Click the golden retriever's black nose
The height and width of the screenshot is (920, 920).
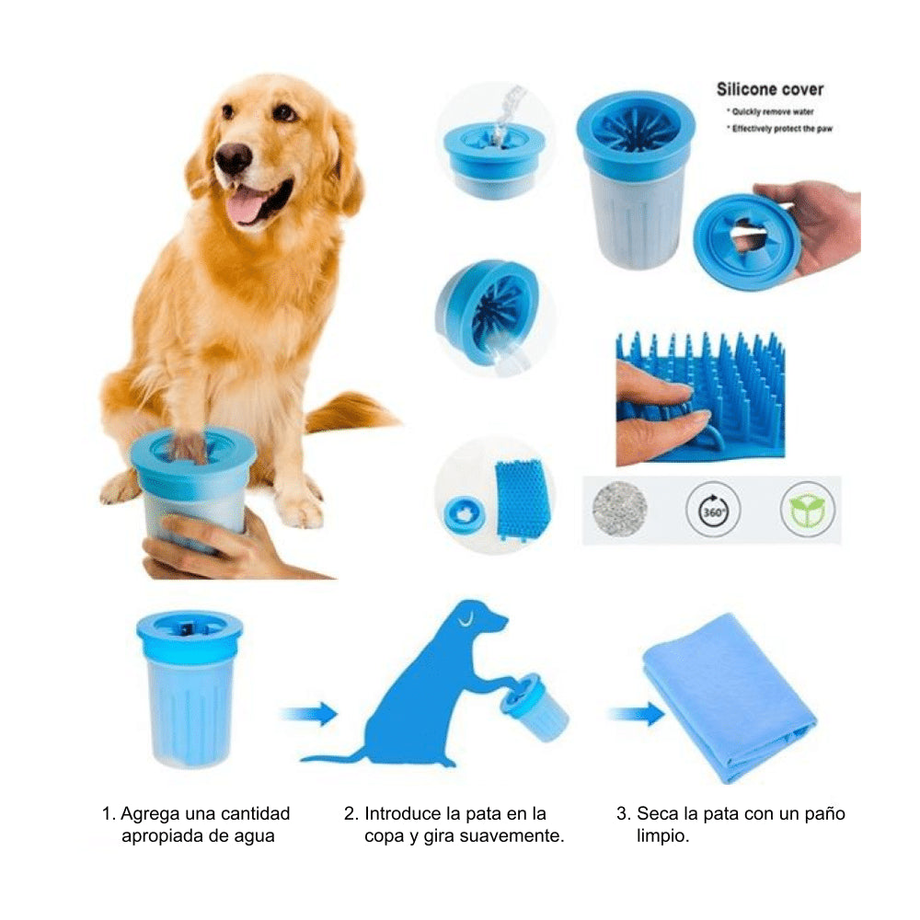[233, 158]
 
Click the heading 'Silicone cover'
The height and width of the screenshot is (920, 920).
[769, 90]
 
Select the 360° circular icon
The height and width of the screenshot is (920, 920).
[713, 509]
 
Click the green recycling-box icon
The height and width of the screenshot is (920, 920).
[807, 509]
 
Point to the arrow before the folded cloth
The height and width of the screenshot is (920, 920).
[636, 713]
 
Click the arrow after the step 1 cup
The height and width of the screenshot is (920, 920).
[307, 713]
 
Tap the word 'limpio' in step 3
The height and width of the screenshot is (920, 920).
[662, 837]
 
